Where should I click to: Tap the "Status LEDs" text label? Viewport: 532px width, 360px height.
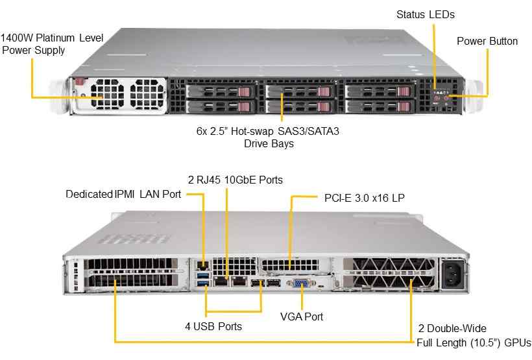[426, 14]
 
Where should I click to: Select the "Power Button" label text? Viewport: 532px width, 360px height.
[487, 42]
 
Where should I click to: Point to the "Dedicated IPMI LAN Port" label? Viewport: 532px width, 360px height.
[123, 194]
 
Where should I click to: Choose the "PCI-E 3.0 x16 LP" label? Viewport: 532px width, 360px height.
[363, 197]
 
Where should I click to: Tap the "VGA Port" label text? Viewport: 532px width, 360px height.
[302, 317]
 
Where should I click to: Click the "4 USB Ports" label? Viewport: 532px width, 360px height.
[213, 326]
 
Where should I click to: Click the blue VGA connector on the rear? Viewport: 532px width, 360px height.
[301, 283]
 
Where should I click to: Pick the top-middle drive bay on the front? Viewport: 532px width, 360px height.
[299, 91]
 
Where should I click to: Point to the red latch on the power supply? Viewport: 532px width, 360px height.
[80, 82]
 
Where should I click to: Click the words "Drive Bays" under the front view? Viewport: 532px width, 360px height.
[269, 143]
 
